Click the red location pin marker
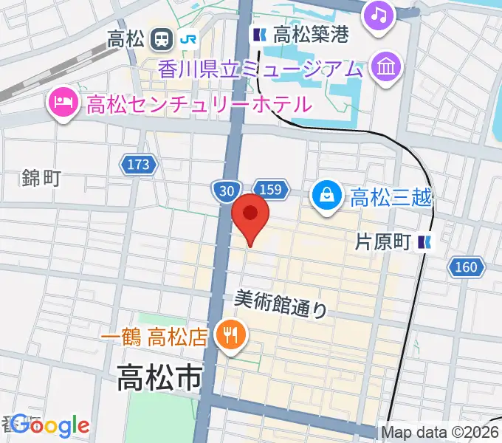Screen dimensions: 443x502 250,214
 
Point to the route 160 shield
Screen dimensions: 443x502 467,267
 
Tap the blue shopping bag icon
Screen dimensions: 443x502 326,196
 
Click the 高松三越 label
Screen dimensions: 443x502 391,197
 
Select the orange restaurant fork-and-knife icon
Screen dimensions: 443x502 230,337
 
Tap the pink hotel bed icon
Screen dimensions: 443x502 62,103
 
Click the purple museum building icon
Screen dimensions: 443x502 386,69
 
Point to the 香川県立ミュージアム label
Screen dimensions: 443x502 261,69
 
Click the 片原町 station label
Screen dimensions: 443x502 382,241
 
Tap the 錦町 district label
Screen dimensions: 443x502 41,177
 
